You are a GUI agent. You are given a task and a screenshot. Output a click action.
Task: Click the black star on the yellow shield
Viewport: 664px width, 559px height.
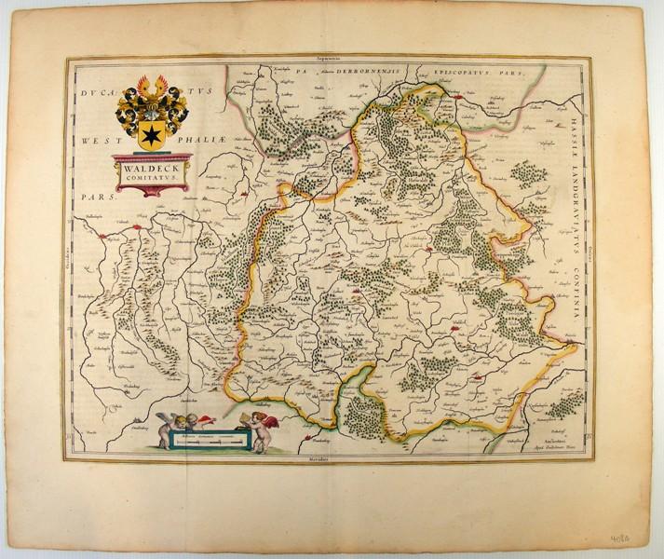[148, 138]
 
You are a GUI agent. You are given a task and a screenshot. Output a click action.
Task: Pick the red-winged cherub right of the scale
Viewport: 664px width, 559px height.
[271, 429]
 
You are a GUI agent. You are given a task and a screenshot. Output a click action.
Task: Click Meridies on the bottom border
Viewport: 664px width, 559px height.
[321, 461]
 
